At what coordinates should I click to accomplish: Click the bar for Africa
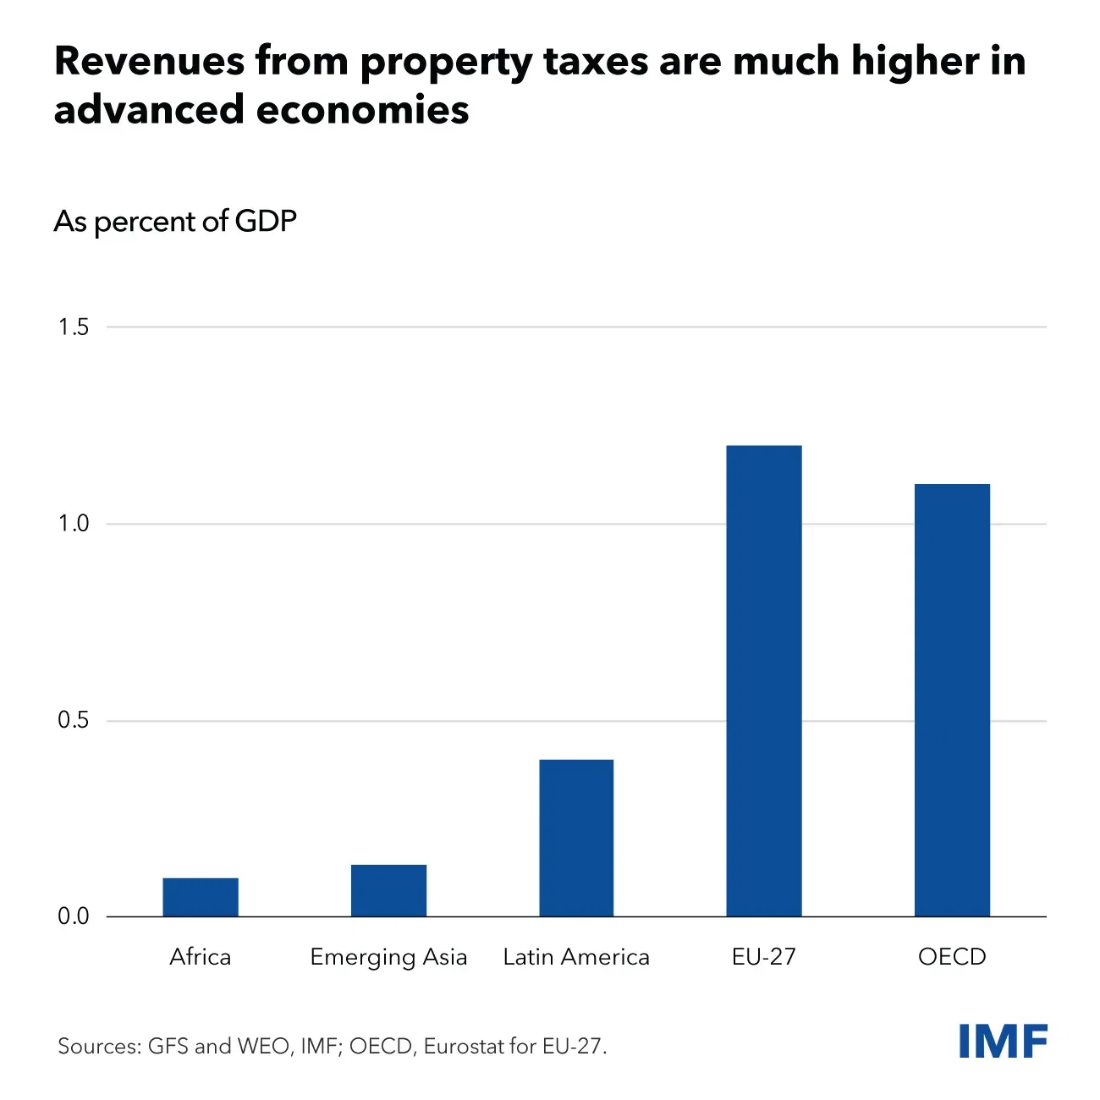pos(201,897)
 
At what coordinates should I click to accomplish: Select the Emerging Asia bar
pos(388,890)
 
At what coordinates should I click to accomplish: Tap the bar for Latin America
pos(576,838)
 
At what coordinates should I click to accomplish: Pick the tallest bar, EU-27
pos(764,681)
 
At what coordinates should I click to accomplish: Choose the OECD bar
pos(952,701)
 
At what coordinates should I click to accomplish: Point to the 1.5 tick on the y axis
pos(74,327)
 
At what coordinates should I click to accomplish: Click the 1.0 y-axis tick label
pos(74,524)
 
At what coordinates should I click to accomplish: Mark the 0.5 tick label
pos(74,720)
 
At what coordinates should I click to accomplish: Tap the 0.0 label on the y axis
pos(74,916)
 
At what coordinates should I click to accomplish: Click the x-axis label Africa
pos(201,957)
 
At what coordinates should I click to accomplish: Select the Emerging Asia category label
pos(388,958)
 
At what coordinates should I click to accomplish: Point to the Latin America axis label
pos(576,957)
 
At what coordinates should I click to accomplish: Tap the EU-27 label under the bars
pos(764,957)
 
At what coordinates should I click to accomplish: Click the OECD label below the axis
pos(952,957)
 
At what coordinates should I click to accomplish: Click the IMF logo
pos(1003,1041)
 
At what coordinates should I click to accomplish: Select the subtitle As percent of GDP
pos(175,222)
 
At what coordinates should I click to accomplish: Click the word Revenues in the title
pos(150,62)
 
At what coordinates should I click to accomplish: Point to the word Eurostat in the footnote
pos(467,1047)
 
